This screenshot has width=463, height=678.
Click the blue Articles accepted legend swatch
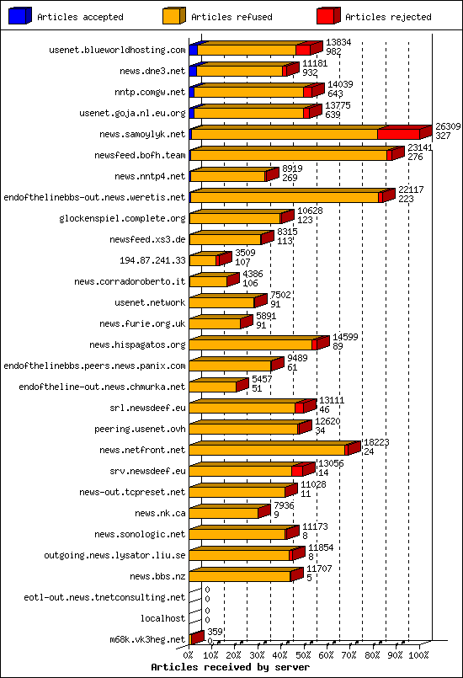[x=19, y=15]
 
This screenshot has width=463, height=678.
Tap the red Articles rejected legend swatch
[x=327, y=15]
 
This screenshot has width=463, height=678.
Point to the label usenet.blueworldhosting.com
[x=117, y=51]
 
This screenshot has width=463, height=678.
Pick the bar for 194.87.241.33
[x=205, y=260]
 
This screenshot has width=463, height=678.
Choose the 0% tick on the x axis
[x=189, y=654]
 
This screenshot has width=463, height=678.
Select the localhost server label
[x=162, y=618]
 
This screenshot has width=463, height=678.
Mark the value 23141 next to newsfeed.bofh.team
[x=421, y=147]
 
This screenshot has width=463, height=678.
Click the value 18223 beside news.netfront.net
[x=375, y=442]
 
